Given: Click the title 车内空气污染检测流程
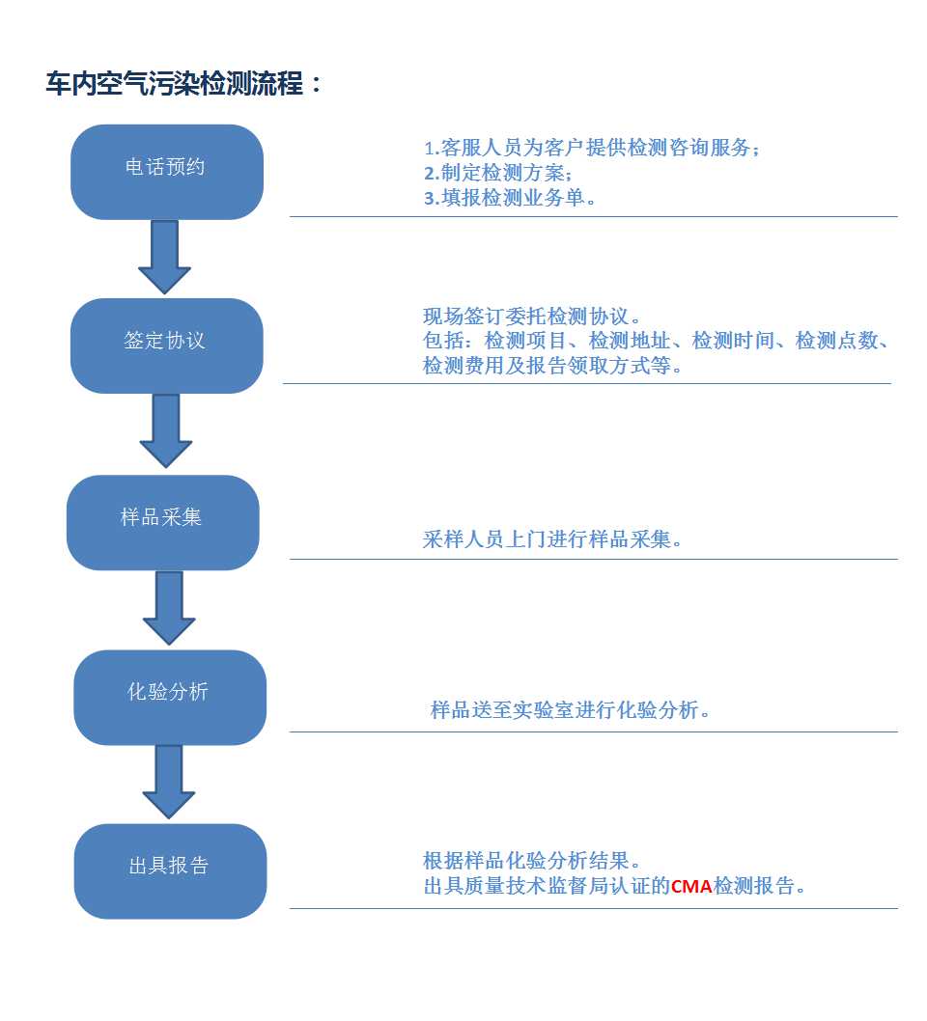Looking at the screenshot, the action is (x=175, y=83).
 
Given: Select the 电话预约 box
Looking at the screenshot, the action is (x=167, y=172).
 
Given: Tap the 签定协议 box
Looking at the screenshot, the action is (x=167, y=345).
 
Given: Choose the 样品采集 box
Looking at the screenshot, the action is (x=163, y=522).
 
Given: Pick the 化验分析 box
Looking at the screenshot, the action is (x=170, y=698).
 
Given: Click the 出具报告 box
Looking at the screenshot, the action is (x=171, y=871).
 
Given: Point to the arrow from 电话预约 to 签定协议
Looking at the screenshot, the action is (x=165, y=258).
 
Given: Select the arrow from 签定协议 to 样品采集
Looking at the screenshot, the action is (x=166, y=431).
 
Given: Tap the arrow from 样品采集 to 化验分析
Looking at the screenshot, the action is (x=169, y=608).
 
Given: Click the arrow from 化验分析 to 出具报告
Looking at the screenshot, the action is (x=169, y=782).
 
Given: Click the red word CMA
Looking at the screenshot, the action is (x=691, y=886).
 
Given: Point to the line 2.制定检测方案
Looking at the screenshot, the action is (x=498, y=173).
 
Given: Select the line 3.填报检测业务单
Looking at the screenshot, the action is (x=510, y=197).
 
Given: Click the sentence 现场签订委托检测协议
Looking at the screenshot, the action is (x=531, y=317).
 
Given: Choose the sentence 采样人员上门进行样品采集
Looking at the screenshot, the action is (x=551, y=539).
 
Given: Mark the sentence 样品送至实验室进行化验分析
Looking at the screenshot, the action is (x=570, y=709).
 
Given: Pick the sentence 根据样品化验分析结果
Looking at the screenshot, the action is (x=531, y=861).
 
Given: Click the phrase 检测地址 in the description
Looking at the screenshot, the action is (x=630, y=341).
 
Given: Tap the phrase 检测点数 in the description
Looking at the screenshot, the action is (x=836, y=341).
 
